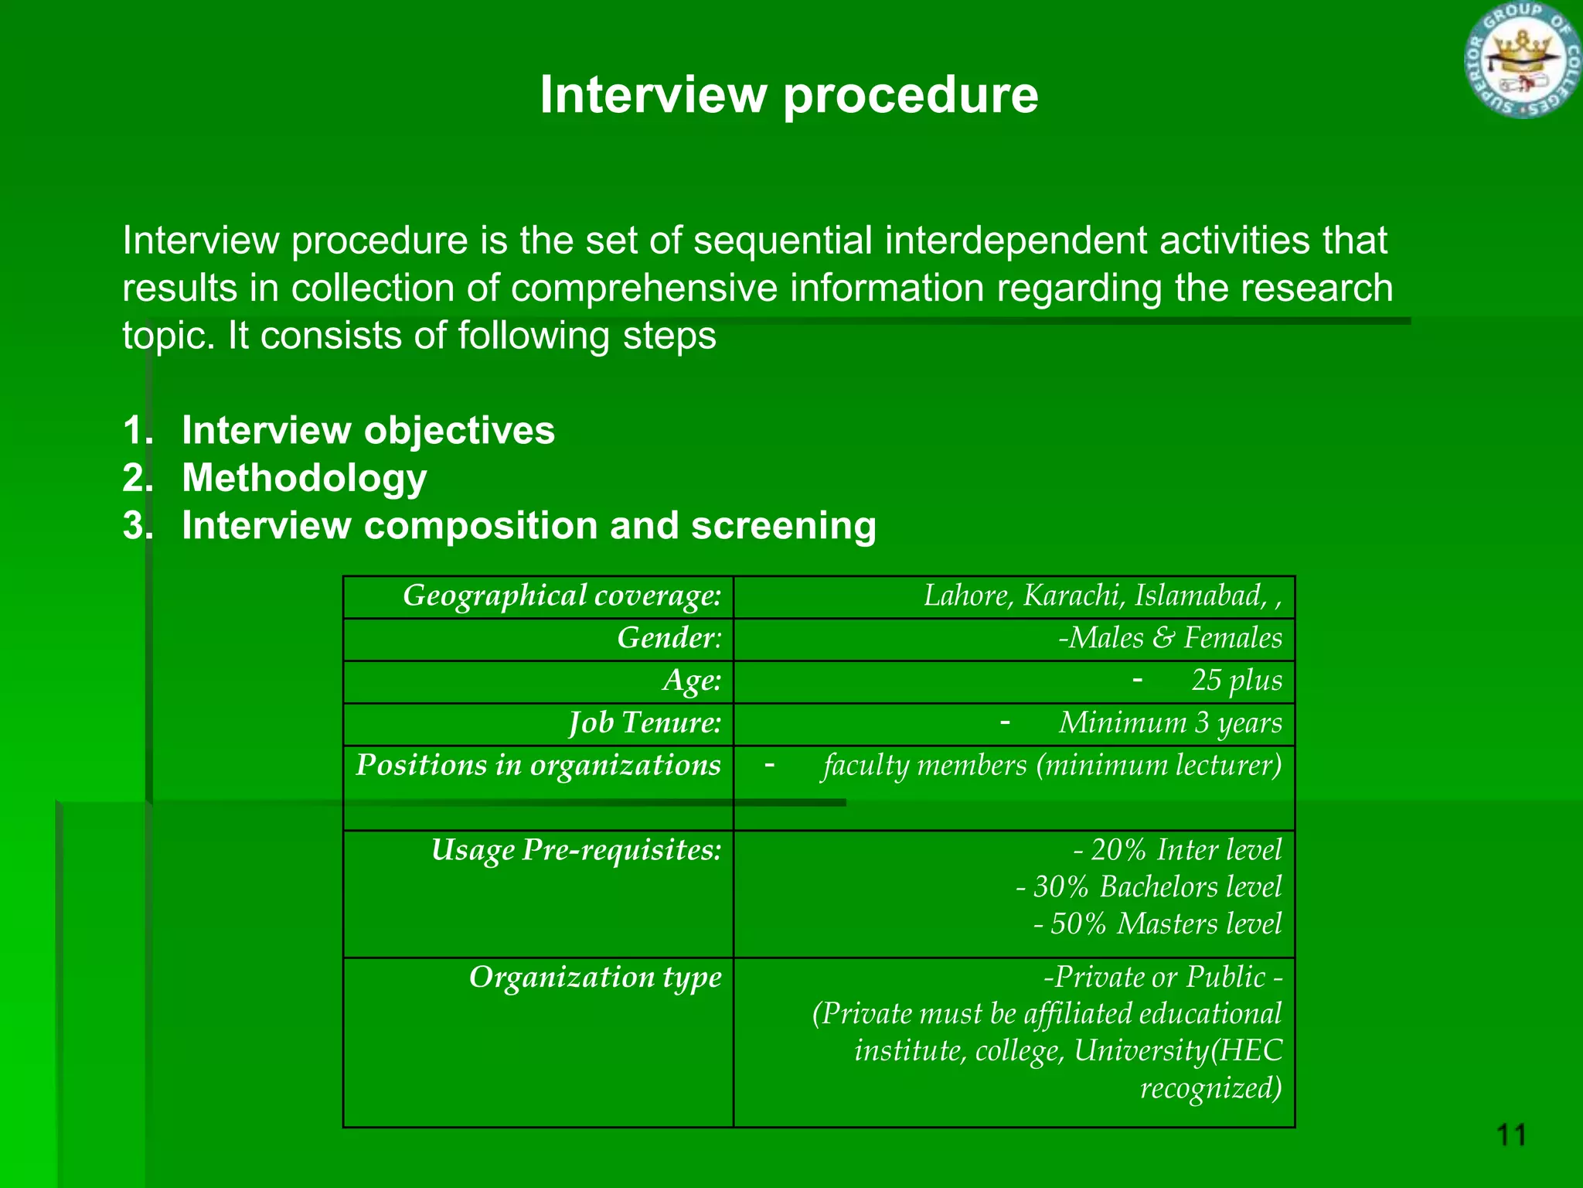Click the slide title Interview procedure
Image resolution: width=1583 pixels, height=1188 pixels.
pos(788,95)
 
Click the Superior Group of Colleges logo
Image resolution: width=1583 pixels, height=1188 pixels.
pos(1522,60)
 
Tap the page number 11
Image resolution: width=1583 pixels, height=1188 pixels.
pos(1511,1135)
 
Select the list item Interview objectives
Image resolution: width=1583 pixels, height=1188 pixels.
pos(368,430)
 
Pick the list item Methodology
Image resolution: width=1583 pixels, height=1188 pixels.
pos(304,478)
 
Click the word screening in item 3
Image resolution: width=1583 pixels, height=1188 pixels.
pos(783,526)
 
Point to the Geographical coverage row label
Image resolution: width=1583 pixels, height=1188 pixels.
pos(562,596)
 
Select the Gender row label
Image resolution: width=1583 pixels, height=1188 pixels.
pos(669,638)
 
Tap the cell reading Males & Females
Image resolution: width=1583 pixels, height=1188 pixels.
pos(1169,638)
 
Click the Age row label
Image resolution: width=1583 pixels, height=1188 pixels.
pos(691,681)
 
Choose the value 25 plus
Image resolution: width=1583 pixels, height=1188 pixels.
pos(1236,681)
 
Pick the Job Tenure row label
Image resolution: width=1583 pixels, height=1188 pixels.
pos(645,723)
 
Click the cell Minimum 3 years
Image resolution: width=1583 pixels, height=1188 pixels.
pos(1169,723)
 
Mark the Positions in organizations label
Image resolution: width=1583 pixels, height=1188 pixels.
pos(538,766)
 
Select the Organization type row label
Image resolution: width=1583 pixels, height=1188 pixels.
pos(595,978)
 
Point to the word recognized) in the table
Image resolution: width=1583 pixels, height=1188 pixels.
pos(1210,1088)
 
